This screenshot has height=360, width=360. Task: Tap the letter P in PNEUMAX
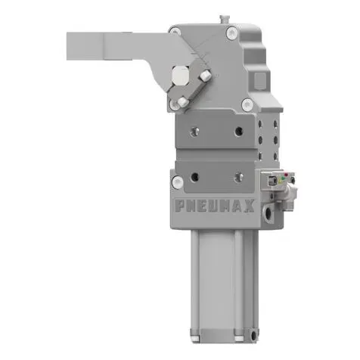181,205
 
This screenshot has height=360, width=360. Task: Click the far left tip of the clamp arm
69,45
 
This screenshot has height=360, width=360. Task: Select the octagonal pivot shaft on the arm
180,77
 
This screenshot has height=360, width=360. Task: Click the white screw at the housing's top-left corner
175,32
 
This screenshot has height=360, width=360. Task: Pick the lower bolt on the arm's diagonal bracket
182,101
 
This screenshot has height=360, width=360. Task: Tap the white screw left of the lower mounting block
176,182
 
